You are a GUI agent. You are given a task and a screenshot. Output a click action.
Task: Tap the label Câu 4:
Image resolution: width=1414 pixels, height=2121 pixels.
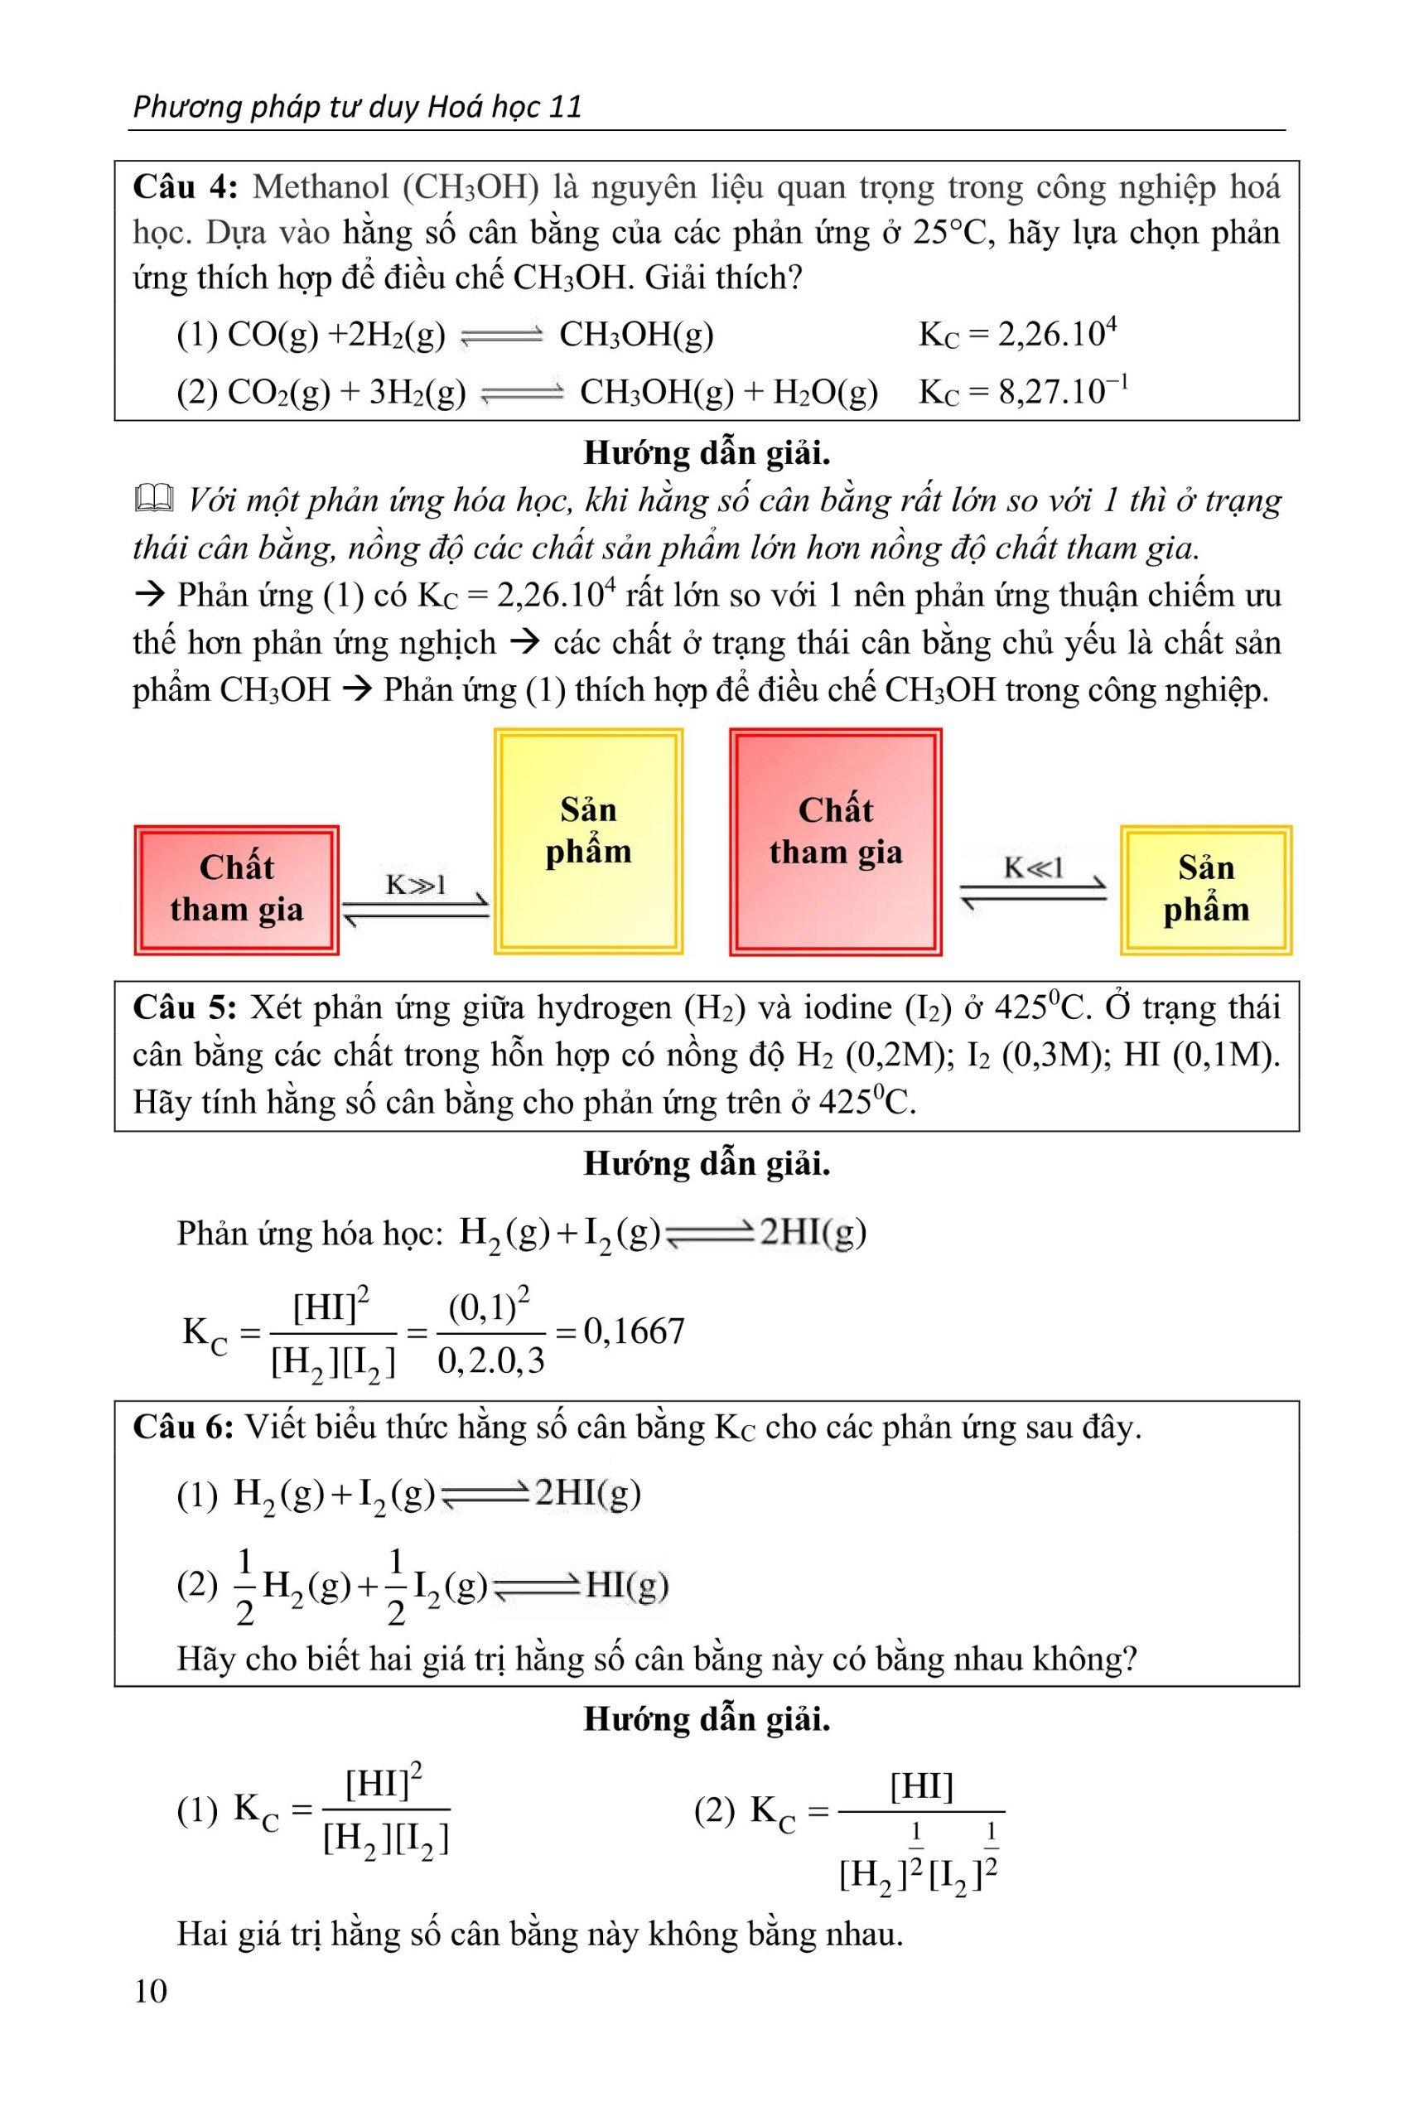184,186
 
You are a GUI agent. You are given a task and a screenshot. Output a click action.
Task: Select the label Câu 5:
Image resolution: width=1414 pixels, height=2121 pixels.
184,1007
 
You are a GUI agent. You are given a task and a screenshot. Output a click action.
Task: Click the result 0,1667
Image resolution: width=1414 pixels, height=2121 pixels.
634,1331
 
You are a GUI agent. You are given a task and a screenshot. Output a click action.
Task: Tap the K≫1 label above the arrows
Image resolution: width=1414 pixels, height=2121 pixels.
416,885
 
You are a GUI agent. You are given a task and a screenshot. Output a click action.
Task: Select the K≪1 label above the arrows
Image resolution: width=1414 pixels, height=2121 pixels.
1034,869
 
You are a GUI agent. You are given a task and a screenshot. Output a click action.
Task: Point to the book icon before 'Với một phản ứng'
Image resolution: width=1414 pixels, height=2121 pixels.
152,499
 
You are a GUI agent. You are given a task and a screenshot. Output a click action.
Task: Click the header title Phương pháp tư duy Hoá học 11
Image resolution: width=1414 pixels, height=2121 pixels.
357,108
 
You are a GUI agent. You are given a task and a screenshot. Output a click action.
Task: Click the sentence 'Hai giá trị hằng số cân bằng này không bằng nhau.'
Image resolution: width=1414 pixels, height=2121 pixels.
539,1934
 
